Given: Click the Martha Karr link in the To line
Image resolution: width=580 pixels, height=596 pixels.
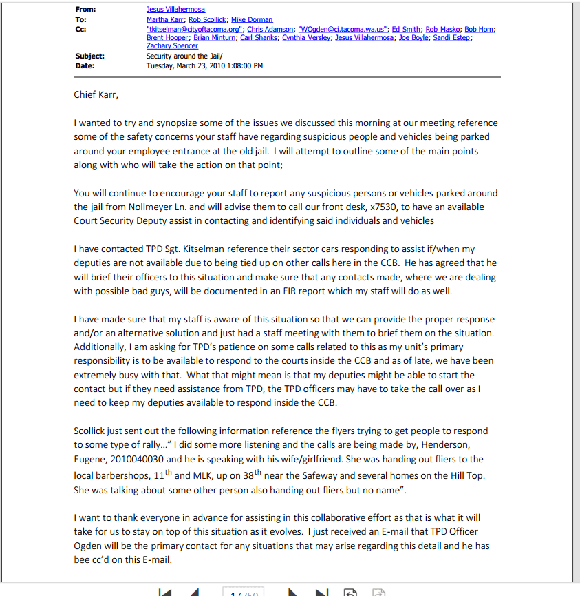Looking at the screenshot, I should pos(165,20).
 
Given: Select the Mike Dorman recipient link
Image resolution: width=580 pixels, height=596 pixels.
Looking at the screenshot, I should pos(252,20).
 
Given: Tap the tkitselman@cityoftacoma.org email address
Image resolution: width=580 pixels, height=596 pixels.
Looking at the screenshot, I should pos(183,29).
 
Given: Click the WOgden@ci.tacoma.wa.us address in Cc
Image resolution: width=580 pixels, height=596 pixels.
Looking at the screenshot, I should pos(341,29).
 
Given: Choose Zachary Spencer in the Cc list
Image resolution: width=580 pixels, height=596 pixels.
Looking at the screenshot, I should pos(168,46).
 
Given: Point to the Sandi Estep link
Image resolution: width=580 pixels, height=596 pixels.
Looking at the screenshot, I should pos(452,38).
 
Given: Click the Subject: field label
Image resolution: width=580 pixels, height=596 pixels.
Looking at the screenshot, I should pos(90,56).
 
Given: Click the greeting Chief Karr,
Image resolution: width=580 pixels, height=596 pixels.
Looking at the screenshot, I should pos(96,95).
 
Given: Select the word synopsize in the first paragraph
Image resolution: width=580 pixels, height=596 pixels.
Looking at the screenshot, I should pos(170,123).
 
